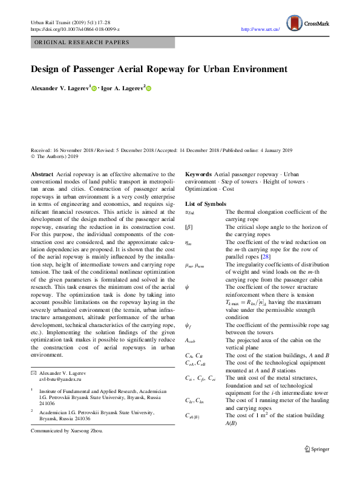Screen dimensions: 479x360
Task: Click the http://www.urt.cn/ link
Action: (x=260, y=28)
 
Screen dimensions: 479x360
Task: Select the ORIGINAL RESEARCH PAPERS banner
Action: (x=82, y=42)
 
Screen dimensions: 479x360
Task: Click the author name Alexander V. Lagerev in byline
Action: (x=59, y=88)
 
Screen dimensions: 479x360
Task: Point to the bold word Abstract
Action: (x=42, y=174)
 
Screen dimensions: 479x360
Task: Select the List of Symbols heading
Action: (x=206, y=204)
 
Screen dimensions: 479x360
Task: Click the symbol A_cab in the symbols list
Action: (x=189, y=341)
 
